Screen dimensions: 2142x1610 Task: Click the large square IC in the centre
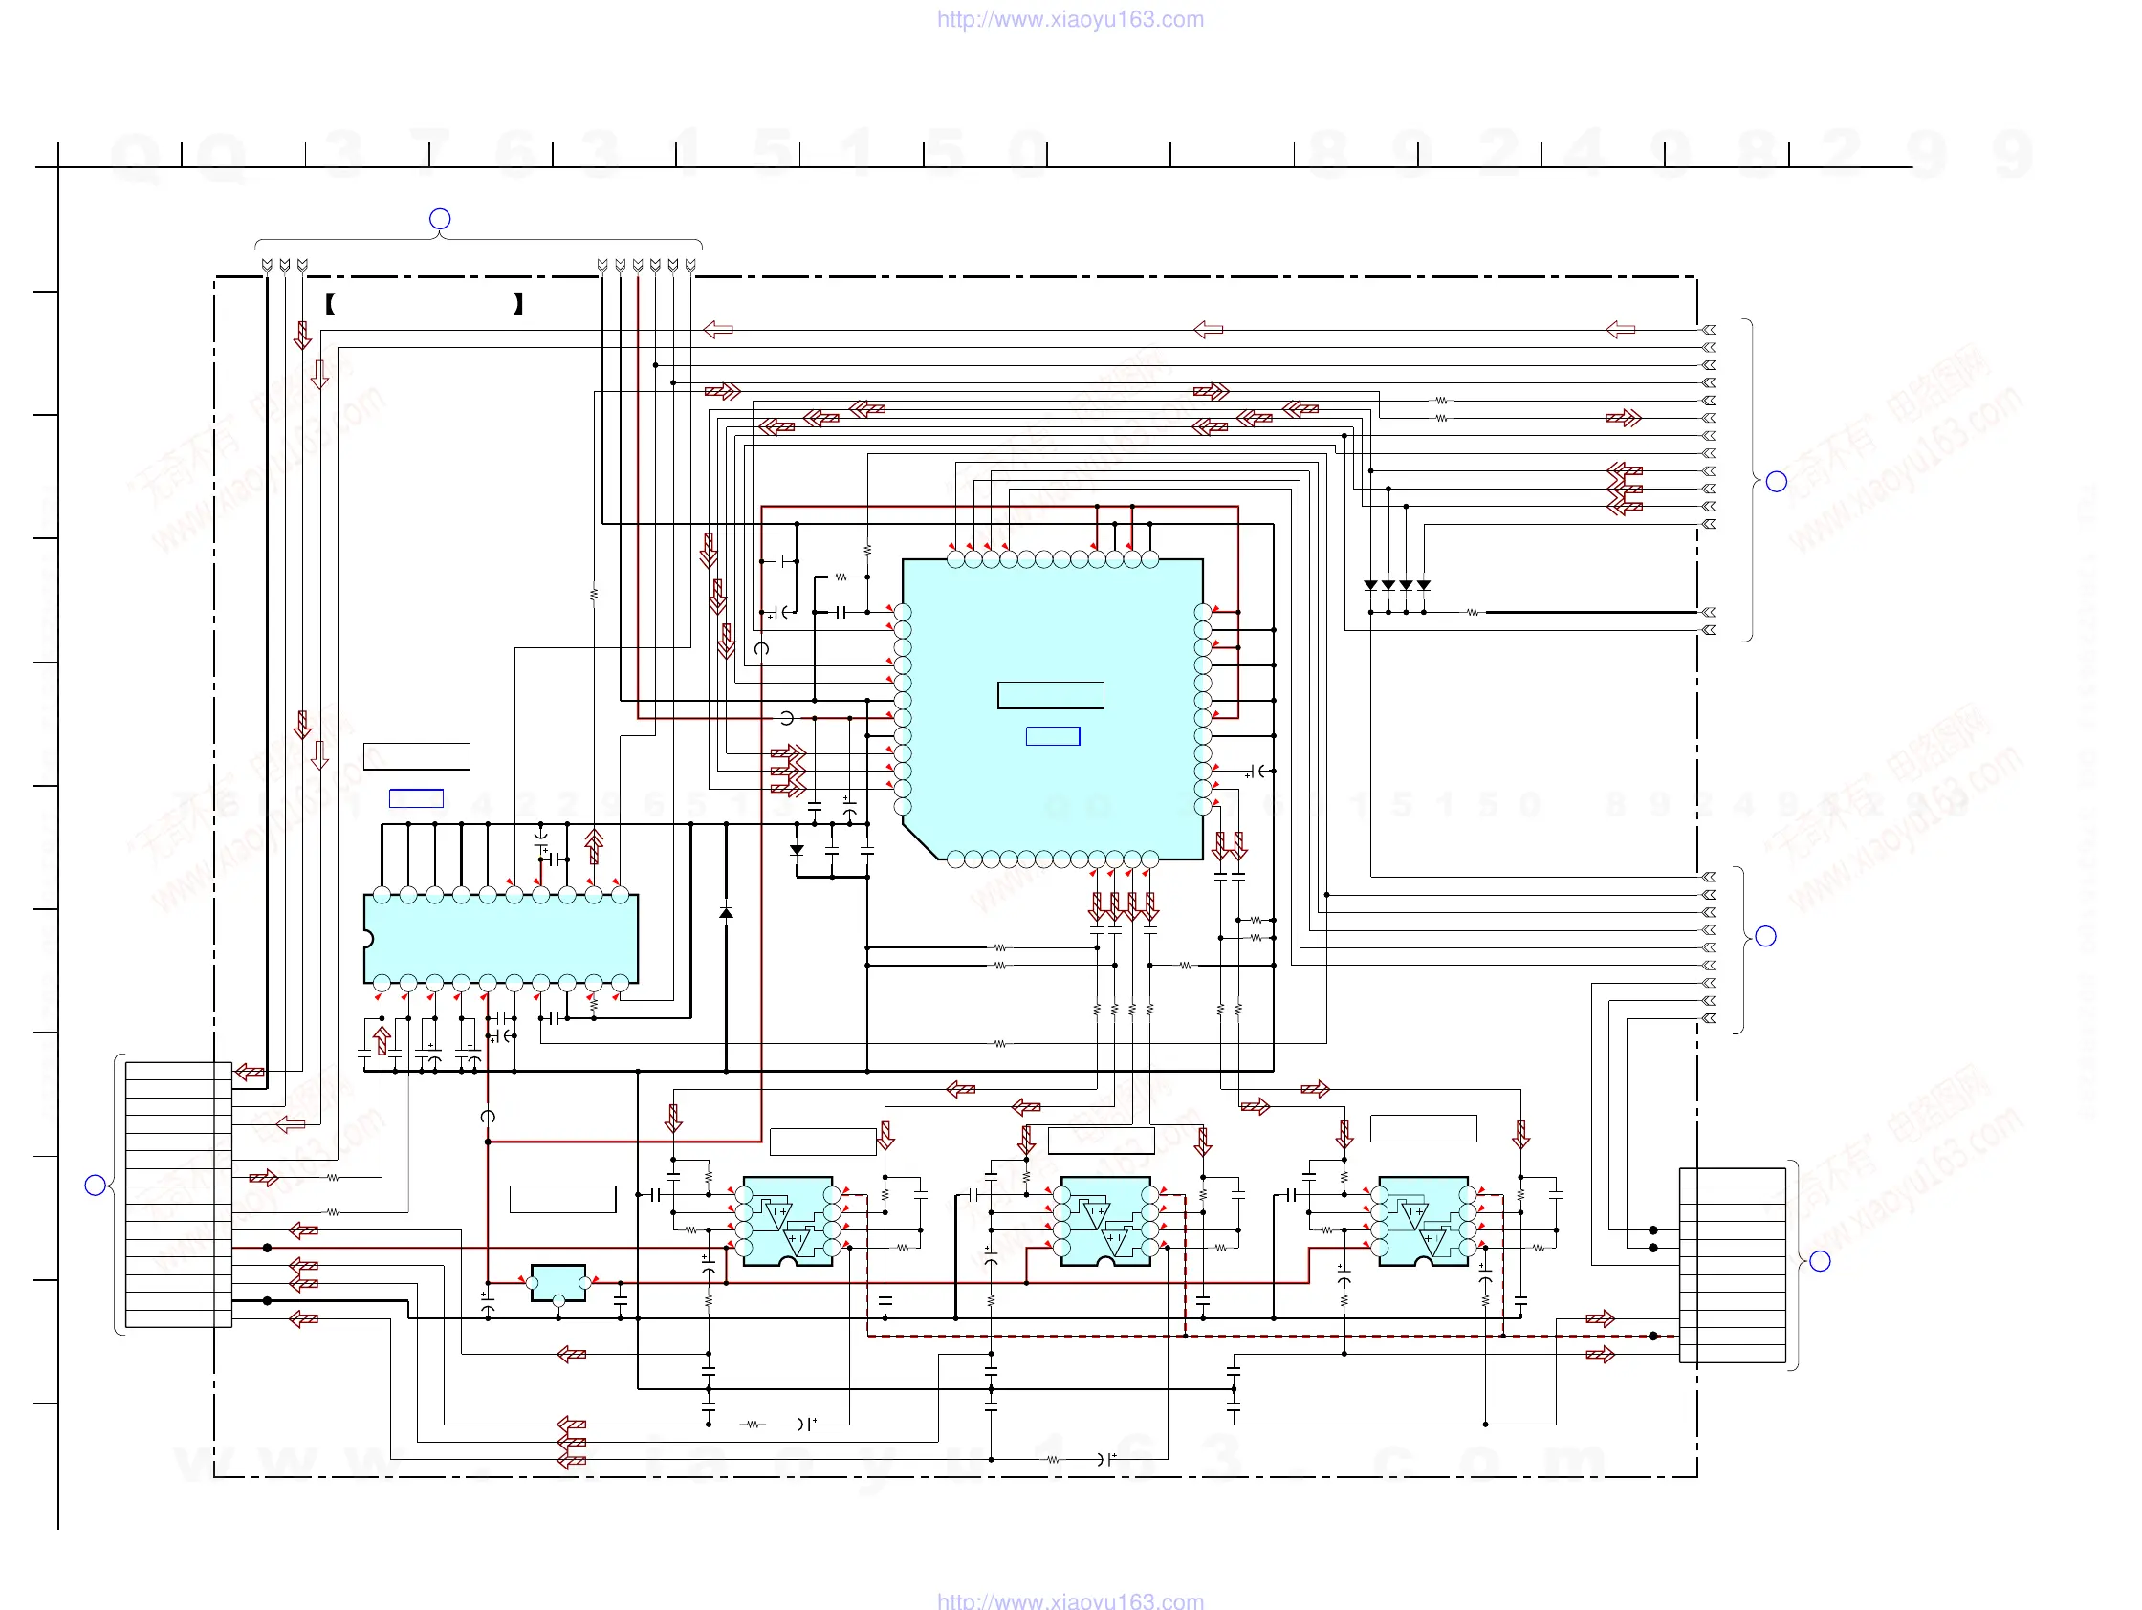tap(1052, 708)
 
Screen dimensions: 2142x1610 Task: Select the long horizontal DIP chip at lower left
tap(501, 938)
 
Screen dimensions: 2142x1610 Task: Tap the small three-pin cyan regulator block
tap(557, 1283)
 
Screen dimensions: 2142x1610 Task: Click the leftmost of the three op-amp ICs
tap(787, 1221)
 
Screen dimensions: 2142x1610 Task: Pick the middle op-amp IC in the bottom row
tap(1104, 1221)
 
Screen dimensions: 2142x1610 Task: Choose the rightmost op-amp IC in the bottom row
tap(1423, 1221)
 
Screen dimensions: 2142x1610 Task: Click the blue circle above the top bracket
tap(440, 219)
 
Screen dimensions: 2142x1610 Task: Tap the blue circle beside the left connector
tap(95, 1185)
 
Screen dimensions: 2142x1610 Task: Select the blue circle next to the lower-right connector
tap(1820, 1260)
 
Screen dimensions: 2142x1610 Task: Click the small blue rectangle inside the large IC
tap(1053, 736)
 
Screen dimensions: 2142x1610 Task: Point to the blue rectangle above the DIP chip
tap(416, 797)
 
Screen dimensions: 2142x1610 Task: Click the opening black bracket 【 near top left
tap(330, 304)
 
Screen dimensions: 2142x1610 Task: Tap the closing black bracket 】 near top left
tap(518, 304)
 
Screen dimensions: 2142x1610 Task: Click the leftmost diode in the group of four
tap(1370, 586)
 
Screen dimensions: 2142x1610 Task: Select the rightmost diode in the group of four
tap(1424, 586)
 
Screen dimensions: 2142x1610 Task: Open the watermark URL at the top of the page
tap(1070, 19)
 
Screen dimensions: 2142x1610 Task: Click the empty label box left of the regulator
tap(562, 1199)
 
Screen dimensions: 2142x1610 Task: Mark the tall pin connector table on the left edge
tap(178, 1195)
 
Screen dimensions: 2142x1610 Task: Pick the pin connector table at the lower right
tap(1733, 1266)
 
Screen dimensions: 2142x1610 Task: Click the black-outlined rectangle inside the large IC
tap(1051, 695)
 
